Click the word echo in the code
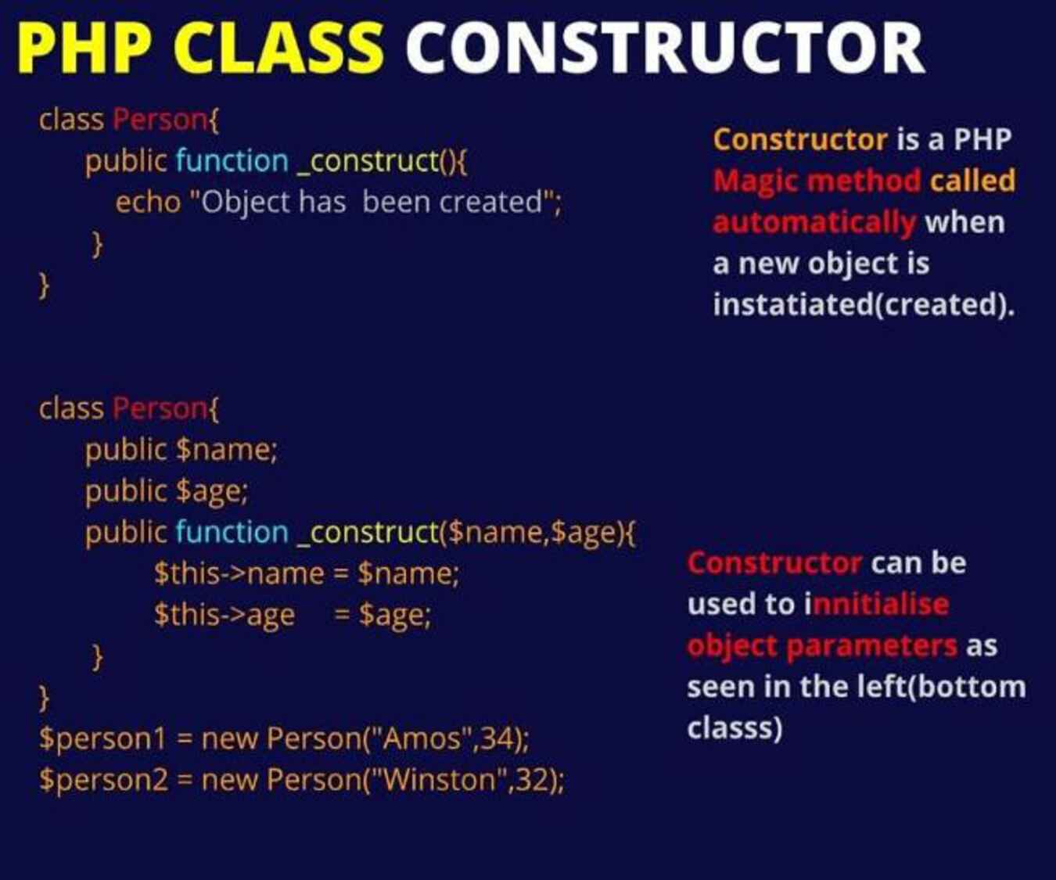(x=148, y=202)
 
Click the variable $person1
(x=102, y=740)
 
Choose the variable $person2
(x=104, y=781)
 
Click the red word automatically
(x=814, y=223)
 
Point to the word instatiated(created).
(x=864, y=305)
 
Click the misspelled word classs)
(x=735, y=729)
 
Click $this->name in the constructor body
(x=239, y=574)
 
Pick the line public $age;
(x=167, y=491)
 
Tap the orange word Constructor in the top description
(x=800, y=139)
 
